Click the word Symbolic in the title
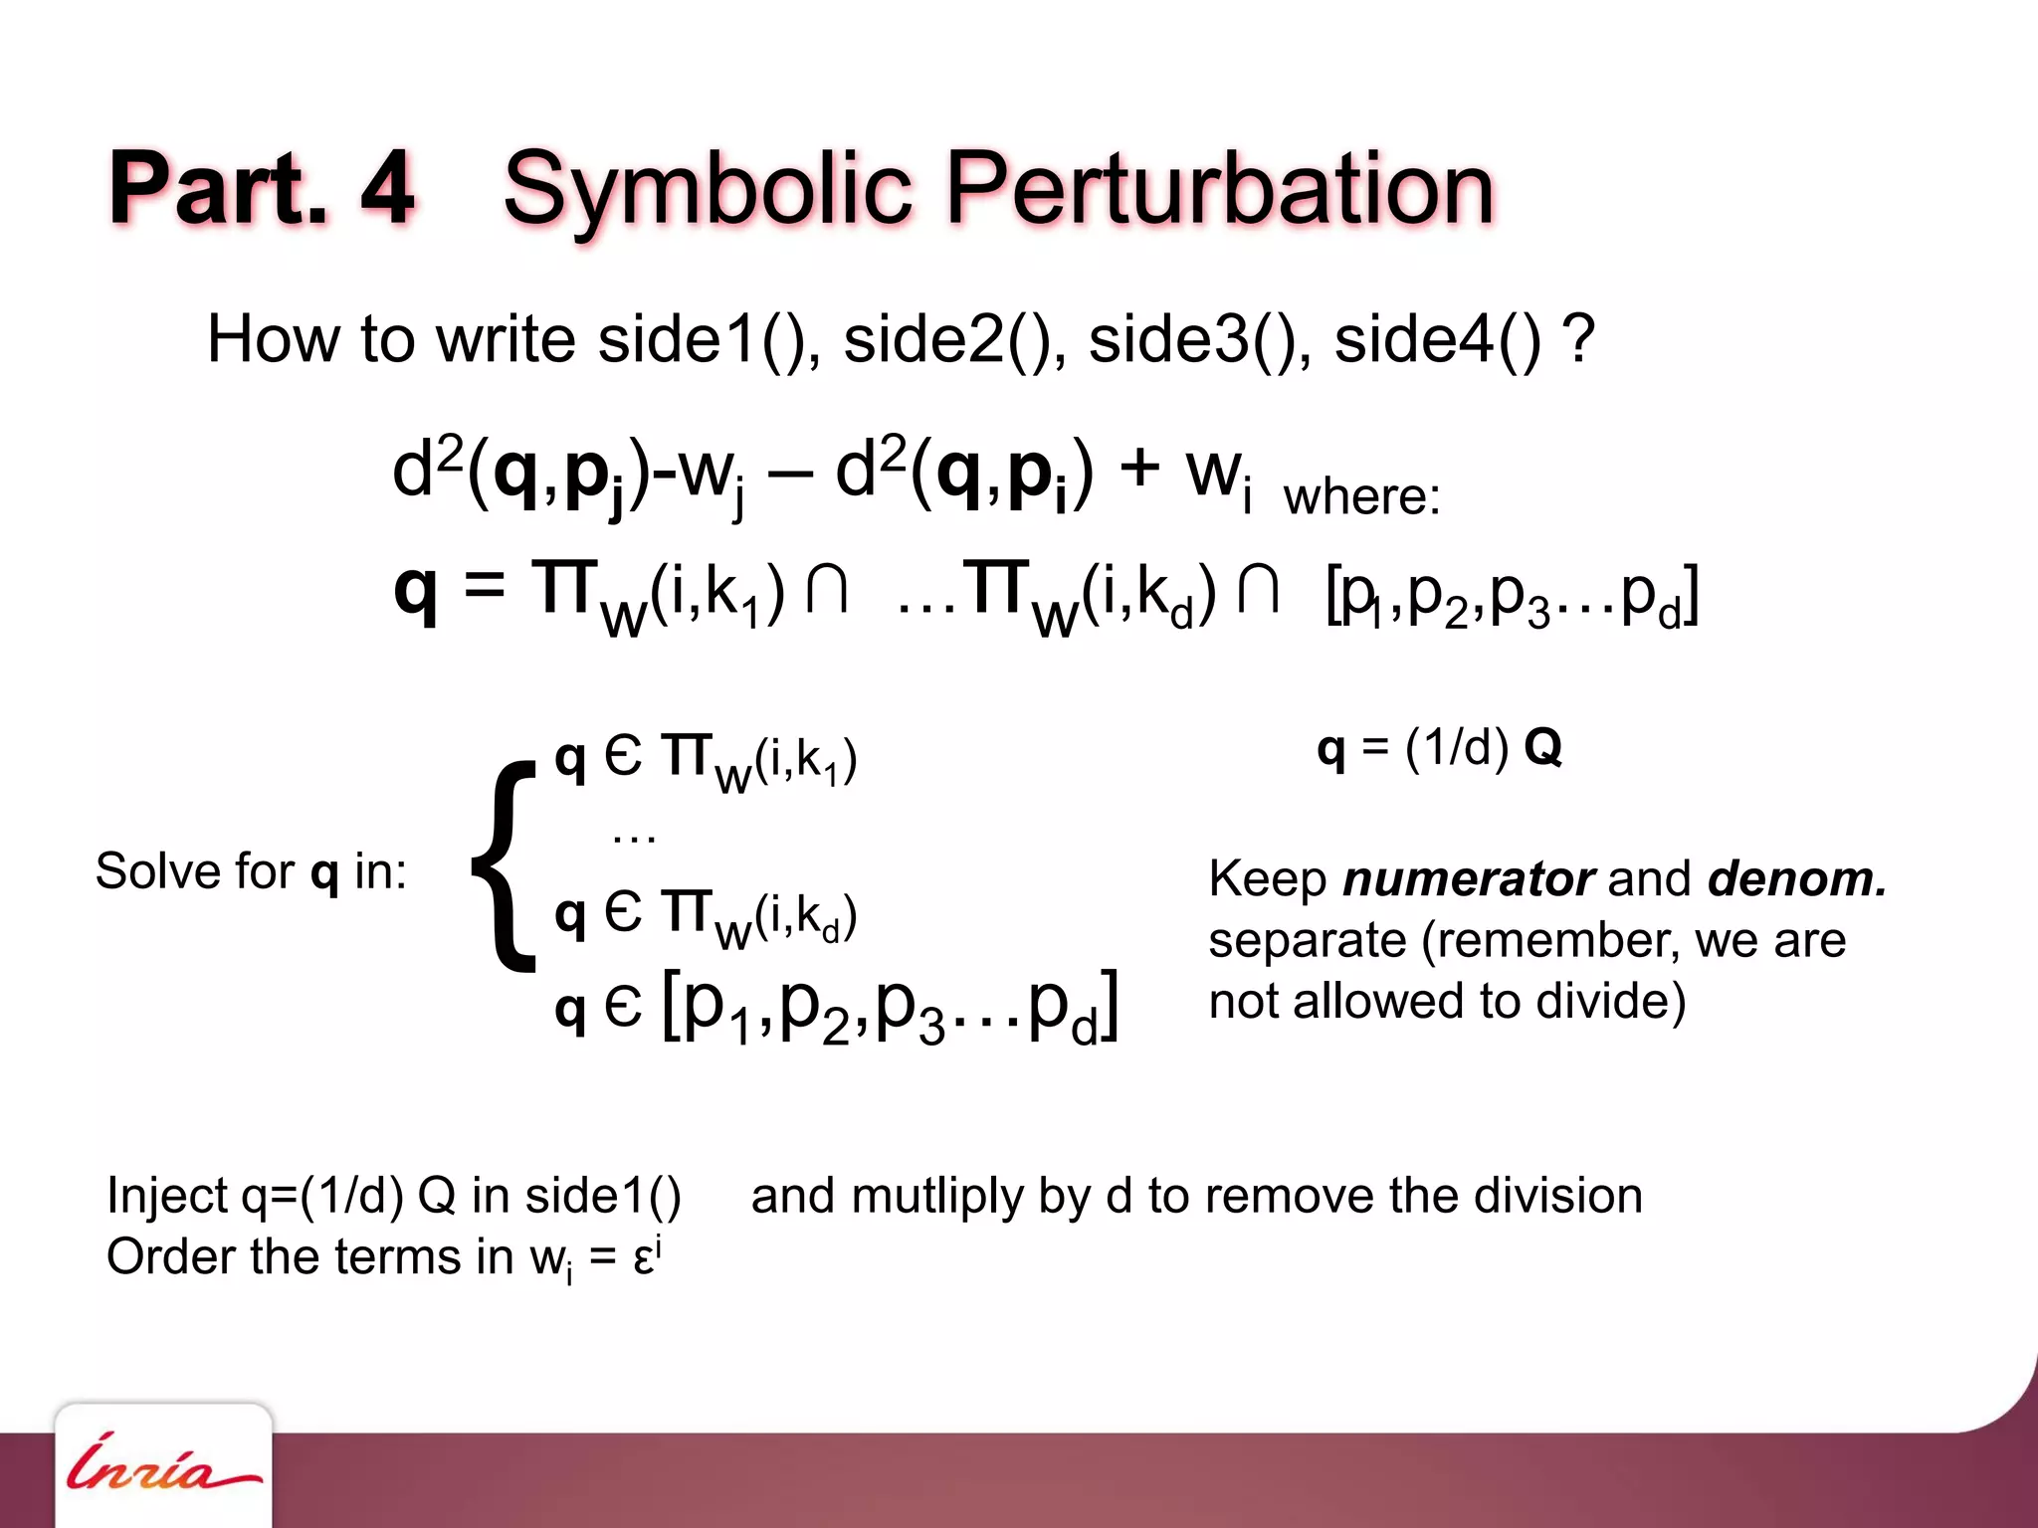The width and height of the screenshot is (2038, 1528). coord(708,189)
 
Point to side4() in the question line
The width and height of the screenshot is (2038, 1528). coord(1437,340)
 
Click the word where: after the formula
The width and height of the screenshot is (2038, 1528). coord(1361,496)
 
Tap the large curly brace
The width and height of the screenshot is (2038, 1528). coord(505,865)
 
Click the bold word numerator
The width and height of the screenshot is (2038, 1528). coord(1468,879)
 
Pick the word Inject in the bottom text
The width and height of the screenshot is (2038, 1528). coord(167,1196)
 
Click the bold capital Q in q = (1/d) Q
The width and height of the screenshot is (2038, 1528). coord(1541,746)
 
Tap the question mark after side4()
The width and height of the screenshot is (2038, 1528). coord(1579,340)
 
